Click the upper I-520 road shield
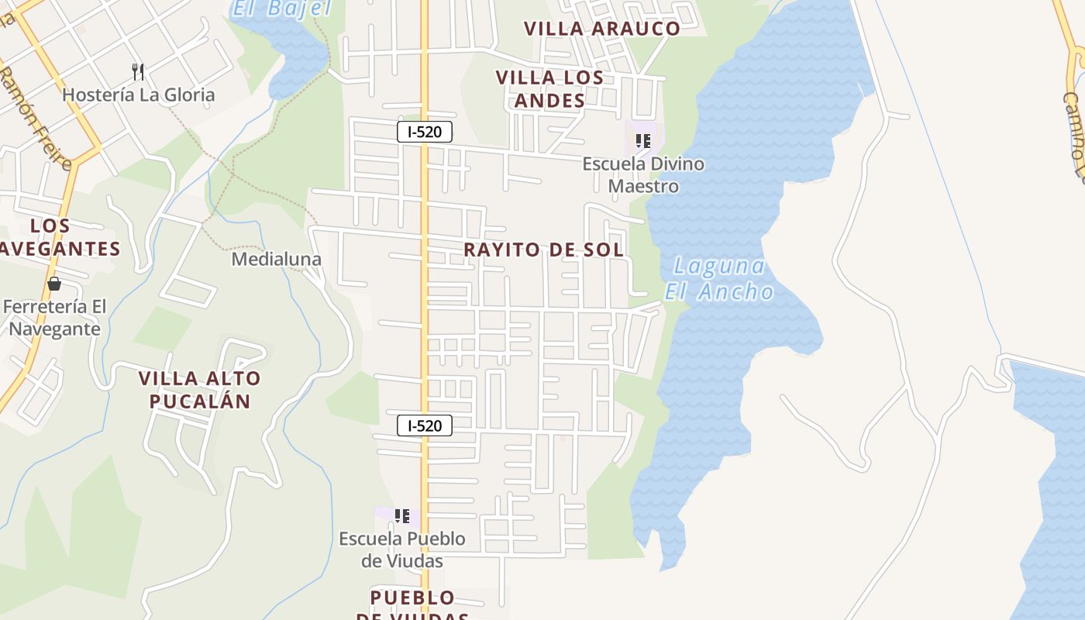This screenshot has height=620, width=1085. pos(424,132)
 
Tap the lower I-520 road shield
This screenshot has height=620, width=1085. pos(424,425)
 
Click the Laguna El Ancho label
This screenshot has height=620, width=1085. pos(719,279)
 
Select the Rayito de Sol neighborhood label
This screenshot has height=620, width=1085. pos(543,250)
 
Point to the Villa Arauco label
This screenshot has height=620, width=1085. pos(601,29)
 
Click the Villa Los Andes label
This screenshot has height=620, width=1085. pos(549,89)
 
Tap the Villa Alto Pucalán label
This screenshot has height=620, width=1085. pos(200,390)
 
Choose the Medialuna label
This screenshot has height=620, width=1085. pos(277,259)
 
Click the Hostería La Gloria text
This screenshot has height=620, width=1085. pos(138,95)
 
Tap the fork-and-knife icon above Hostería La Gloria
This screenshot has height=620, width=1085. pos(138,72)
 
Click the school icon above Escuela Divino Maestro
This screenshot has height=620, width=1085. pos(642,141)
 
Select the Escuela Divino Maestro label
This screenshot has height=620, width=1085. pos(643,175)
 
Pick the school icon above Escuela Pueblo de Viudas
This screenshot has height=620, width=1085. pos(401,515)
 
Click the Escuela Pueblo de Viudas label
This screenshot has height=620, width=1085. pos(402,549)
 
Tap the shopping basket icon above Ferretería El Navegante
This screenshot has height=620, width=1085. pos(54,284)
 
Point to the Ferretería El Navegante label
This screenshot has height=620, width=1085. pos(54,318)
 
